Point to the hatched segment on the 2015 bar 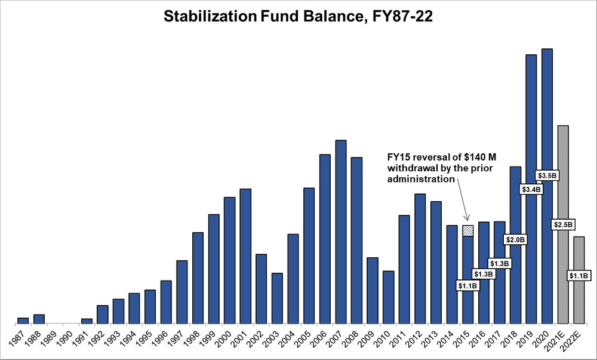(468, 230)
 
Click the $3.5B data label (547, 176)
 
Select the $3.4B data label (531, 190)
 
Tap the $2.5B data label (563, 224)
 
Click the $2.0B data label (515, 239)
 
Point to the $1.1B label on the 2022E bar (578, 276)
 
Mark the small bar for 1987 (23, 321)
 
